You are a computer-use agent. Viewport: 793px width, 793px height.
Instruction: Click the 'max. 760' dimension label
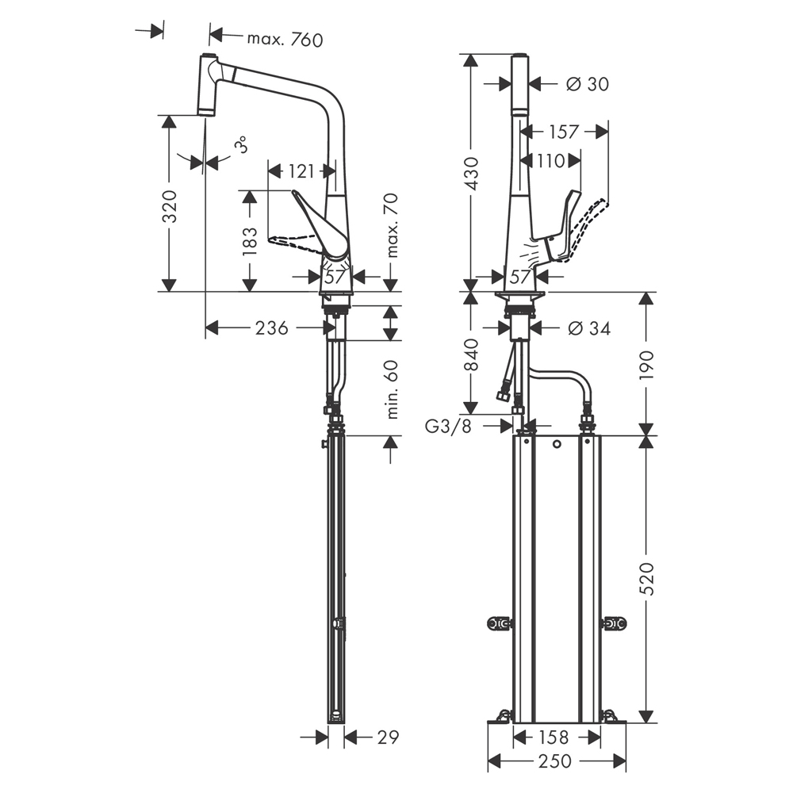[285, 39]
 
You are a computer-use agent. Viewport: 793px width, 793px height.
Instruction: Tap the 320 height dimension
[170, 206]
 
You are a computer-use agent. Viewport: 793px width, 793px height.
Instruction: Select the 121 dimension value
[301, 171]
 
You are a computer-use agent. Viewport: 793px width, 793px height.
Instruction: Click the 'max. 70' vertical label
[392, 225]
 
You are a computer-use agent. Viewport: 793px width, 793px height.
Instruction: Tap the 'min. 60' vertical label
[392, 389]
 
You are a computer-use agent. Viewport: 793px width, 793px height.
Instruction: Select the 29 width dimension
[388, 737]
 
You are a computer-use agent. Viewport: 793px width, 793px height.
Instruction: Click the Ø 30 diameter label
[588, 83]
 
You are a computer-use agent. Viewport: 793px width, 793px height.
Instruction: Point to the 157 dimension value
[563, 132]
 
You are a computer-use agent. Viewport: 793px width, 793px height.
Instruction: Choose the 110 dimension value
[551, 161]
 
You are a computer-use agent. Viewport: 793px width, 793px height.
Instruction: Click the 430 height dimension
[472, 174]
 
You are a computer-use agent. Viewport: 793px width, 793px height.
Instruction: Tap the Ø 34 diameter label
[589, 328]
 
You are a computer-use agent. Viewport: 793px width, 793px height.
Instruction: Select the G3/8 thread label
[448, 427]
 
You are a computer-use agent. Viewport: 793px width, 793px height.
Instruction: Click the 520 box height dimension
[647, 578]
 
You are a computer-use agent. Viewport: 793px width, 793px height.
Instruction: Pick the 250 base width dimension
[555, 760]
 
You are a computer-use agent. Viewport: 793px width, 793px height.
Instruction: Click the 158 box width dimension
[554, 737]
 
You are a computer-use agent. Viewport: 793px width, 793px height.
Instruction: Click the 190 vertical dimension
[647, 365]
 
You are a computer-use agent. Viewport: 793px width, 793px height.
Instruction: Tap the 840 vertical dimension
[472, 354]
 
